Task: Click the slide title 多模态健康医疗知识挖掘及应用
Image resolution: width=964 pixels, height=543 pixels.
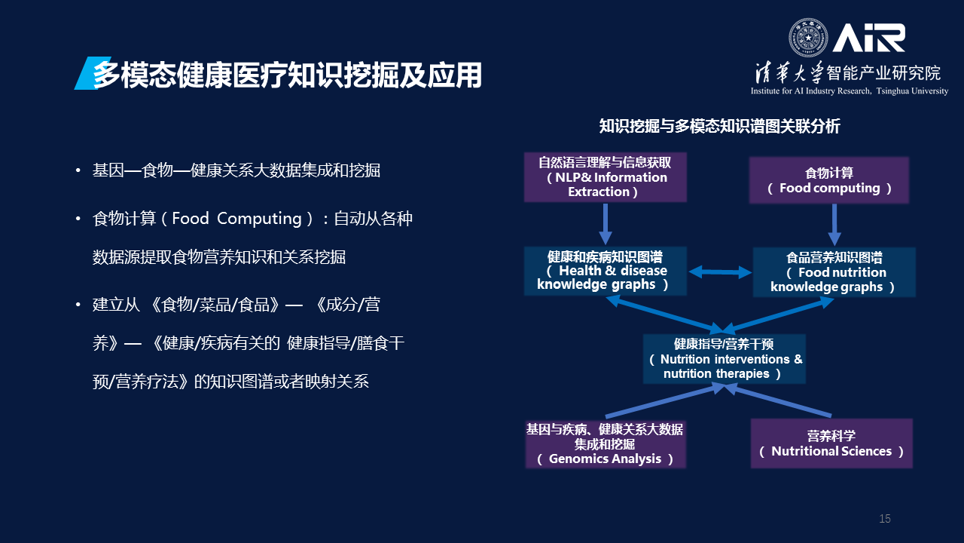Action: tap(287, 75)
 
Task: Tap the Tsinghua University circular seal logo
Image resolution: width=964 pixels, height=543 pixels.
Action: tap(807, 38)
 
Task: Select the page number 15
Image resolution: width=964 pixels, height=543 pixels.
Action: tap(885, 519)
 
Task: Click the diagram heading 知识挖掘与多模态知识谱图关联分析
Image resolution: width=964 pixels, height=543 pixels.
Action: tap(719, 127)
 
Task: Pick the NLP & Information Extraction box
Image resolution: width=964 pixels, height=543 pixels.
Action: tap(606, 177)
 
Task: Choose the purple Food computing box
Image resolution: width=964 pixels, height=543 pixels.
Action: tap(828, 181)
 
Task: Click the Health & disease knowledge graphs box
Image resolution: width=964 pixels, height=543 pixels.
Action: tap(605, 271)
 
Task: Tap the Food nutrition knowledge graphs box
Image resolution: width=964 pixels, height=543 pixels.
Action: tap(834, 272)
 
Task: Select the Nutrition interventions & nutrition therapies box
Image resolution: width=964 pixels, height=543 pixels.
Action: tap(724, 359)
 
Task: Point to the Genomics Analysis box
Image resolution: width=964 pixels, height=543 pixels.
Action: tap(605, 444)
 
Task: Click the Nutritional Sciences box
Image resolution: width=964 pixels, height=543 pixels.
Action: tap(831, 443)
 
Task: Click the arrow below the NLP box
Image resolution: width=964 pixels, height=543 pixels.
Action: tap(606, 224)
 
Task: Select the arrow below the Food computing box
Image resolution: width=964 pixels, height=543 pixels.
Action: tap(834, 224)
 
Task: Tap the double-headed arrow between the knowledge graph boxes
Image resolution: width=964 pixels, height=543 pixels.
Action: tap(720, 271)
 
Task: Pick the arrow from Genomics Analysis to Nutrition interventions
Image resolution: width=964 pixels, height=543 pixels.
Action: tap(663, 401)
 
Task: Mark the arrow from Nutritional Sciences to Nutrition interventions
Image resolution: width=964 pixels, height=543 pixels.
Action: tap(779, 401)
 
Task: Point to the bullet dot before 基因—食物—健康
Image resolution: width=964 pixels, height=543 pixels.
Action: tap(78, 170)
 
